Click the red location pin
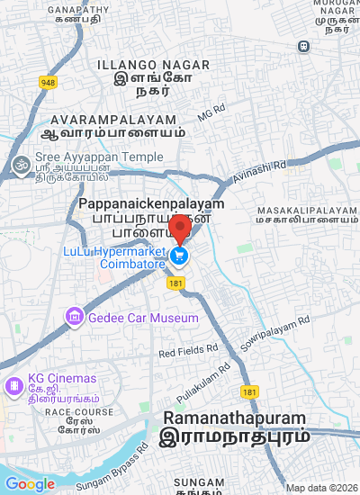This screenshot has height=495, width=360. tap(180, 229)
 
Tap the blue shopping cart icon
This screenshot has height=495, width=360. tap(180, 256)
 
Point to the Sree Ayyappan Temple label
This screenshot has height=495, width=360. tap(86, 157)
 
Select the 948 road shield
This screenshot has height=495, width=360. tap(48, 83)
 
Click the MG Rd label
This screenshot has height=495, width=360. tap(211, 114)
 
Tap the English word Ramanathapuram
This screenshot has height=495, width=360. tap(233, 418)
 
